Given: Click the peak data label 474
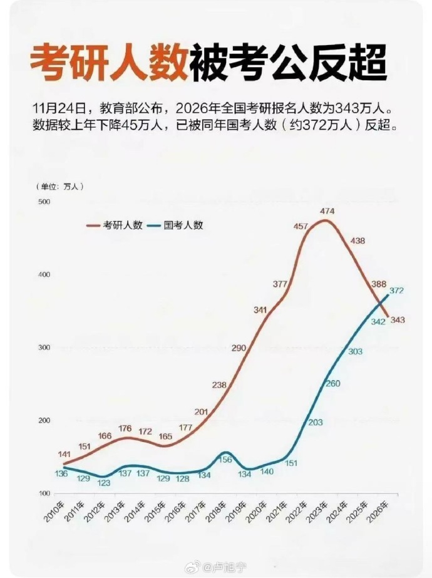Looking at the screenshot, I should pos(327,211).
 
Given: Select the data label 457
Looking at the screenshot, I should pos(301,226).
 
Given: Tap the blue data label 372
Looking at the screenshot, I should pos(396,291).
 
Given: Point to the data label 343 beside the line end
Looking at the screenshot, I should pos(398,320).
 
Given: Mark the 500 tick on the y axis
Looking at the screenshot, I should pos(43,202).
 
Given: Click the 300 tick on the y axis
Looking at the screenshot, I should pos(43,348).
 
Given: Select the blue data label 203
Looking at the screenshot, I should pos(316,423).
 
